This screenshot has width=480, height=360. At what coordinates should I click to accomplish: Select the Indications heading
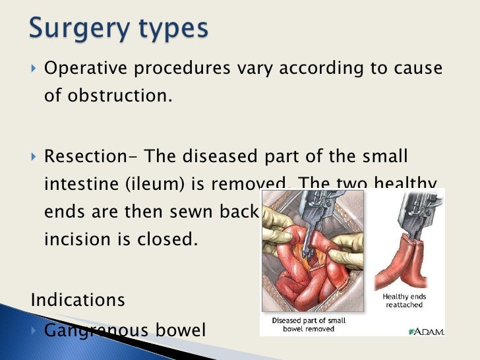[x=77, y=299]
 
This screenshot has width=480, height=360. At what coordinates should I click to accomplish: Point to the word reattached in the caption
[x=404, y=305]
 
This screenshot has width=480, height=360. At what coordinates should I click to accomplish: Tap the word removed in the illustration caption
[x=332, y=330]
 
